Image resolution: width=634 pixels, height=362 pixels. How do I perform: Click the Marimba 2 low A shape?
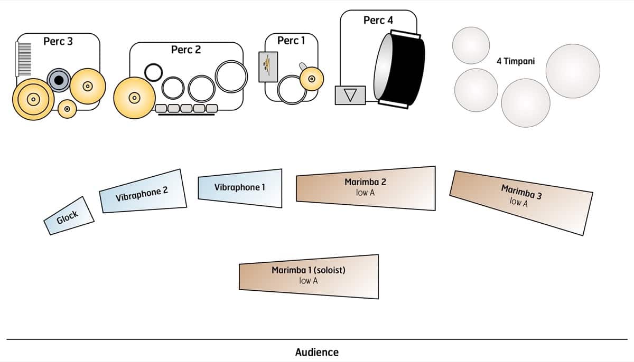(366, 188)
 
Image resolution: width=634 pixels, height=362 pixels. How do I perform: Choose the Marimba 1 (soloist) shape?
(309, 276)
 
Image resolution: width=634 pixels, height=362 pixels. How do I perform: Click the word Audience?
(316, 352)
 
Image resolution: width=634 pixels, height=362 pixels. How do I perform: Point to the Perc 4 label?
(378, 20)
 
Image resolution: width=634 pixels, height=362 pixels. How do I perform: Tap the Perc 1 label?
(291, 41)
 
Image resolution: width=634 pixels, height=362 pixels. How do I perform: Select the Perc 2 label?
(186, 50)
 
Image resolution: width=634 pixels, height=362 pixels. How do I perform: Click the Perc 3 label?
(58, 41)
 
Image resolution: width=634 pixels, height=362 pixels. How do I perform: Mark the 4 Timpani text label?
(516, 61)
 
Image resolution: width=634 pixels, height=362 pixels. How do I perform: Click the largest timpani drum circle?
(573, 71)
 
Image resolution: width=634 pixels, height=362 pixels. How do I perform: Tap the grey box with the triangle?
(350, 95)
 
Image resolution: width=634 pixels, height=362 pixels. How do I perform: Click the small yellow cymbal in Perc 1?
(312, 79)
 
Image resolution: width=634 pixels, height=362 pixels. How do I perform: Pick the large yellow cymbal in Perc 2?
(134, 97)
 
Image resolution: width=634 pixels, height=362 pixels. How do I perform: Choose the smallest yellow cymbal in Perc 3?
(67, 109)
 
